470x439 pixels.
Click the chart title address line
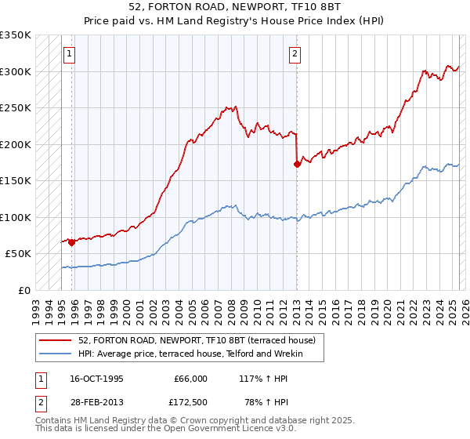coord(235,6)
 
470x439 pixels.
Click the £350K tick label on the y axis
coord(16,35)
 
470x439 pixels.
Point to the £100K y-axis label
coord(16,217)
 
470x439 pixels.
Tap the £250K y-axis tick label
coord(16,108)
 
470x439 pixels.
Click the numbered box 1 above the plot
coord(70,54)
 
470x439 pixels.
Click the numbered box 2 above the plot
coord(295,54)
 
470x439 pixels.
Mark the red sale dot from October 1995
coord(71,242)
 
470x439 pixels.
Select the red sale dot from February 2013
coord(297,165)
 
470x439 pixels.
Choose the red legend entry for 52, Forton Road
coord(196,340)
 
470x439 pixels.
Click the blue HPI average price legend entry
coord(201,354)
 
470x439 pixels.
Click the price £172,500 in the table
coord(190,401)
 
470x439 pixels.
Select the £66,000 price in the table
coord(190,379)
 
